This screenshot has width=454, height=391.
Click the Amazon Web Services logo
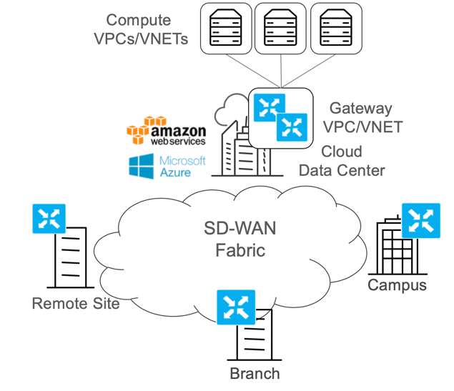coord(167,131)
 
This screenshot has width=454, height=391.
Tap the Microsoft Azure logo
coord(167,167)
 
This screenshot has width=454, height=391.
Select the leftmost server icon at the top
coord(226,27)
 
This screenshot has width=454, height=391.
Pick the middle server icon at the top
coord(280,27)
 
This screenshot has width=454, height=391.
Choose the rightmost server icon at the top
coord(336,27)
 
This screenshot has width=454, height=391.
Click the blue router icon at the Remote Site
coord(49,219)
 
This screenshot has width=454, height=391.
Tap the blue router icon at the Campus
coord(421,221)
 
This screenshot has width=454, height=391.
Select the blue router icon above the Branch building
coord(236,307)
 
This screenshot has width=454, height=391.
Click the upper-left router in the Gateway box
coord(270,107)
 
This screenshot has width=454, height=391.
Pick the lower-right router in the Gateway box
coord(292,127)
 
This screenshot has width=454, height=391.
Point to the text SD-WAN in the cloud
coord(240,228)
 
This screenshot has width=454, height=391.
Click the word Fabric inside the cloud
coord(240,250)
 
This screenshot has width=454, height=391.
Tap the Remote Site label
coord(76,304)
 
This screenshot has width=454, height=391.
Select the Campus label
coord(398,286)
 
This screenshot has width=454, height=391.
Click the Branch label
coord(255,373)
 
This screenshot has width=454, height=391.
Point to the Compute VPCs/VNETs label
coord(141,29)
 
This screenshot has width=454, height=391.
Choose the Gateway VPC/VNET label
coord(362,117)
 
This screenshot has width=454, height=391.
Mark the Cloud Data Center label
coord(342,161)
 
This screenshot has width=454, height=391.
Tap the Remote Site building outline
coord(71,257)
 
